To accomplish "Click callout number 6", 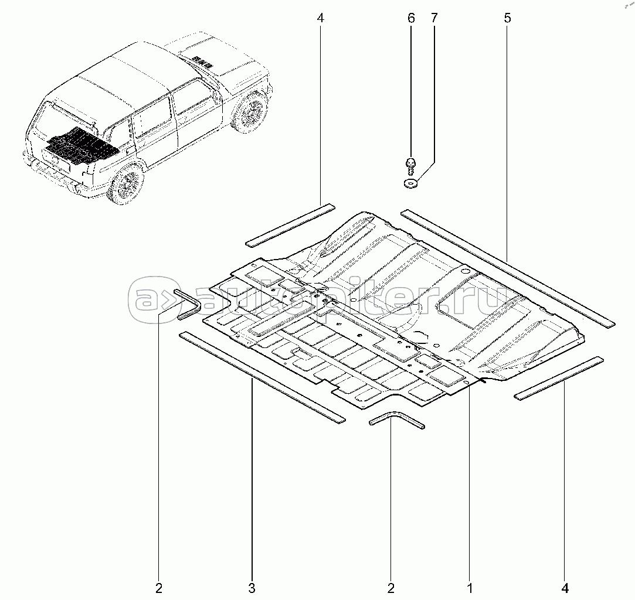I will [x=411, y=19].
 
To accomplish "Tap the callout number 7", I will [x=434, y=19].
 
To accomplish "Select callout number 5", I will [x=507, y=19].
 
